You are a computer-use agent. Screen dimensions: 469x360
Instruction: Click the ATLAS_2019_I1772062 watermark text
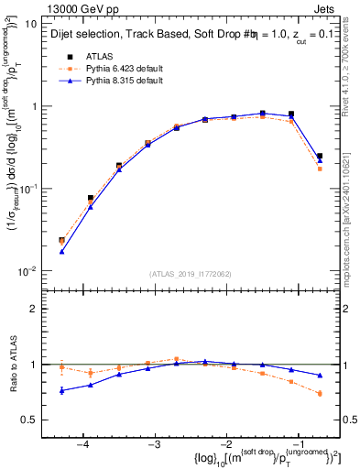coord(191,274)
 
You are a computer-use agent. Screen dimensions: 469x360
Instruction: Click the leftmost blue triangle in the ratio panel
coord(61,391)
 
